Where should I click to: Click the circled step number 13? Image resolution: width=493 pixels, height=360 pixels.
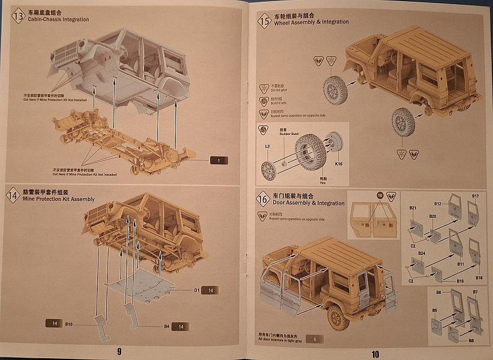click(x=18, y=16)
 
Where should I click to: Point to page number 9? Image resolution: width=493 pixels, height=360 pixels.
click(x=119, y=351)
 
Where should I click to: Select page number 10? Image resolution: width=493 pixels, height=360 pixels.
click(x=375, y=353)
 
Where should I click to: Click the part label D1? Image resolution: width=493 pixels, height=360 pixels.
click(x=196, y=290)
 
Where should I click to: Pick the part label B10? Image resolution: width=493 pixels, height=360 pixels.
click(x=69, y=325)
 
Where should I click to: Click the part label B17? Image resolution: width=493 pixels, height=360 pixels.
click(x=475, y=196)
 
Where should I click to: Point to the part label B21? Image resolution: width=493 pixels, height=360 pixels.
click(x=413, y=208)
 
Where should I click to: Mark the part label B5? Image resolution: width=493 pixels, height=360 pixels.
click(x=435, y=310)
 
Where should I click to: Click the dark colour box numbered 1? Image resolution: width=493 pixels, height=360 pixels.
click(x=219, y=160)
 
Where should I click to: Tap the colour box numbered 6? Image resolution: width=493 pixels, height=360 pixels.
click(x=314, y=339)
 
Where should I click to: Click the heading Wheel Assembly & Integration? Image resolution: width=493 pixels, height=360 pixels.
click(x=311, y=22)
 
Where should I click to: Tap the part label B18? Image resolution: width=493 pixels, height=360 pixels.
click(x=479, y=278)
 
